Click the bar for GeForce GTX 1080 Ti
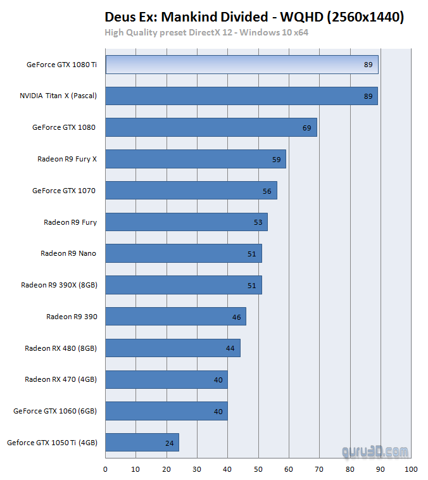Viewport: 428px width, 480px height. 241,65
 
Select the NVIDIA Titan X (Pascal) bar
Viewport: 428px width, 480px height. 241,96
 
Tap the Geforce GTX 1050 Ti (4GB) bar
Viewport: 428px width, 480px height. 142,443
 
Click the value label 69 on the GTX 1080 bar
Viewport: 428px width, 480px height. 307,128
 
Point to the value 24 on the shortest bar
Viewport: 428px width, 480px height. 169,443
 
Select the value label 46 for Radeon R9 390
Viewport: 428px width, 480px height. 237,317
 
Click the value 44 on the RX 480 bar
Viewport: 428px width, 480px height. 230,348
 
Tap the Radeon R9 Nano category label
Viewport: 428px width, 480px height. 68,253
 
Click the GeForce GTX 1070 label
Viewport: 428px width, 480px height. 64,190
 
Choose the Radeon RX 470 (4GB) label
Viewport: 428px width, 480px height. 61,379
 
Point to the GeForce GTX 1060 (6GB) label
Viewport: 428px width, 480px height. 55,411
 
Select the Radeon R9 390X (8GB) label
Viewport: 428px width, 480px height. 59,285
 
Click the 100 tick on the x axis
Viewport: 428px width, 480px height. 411,469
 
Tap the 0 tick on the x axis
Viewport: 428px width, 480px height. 105,469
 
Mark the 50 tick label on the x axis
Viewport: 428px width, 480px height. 258,469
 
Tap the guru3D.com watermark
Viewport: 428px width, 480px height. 375,452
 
